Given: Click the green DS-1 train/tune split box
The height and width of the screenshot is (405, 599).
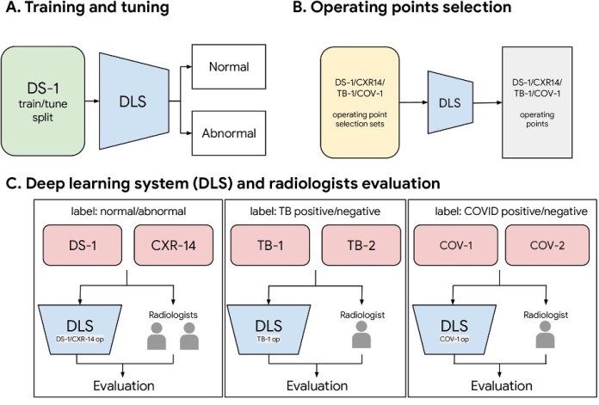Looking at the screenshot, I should (43, 101).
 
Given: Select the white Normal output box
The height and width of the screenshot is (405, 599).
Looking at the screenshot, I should (229, 66).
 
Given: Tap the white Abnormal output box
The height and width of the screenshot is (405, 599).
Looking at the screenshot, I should (229, 133).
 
